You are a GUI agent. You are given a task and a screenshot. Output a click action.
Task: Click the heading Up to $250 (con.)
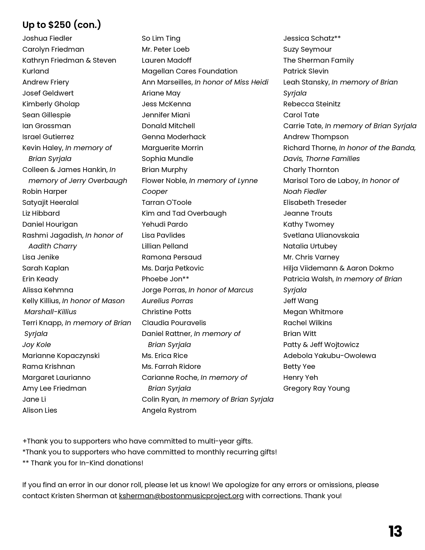coord(62,25)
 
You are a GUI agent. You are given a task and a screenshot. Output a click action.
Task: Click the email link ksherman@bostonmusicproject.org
coord(181,496)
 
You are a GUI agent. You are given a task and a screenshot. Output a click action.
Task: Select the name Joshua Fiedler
coord(47,38)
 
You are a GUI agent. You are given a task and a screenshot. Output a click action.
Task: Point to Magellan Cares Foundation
coord(189,71)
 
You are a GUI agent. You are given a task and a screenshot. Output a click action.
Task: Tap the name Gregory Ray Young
coord(316,388)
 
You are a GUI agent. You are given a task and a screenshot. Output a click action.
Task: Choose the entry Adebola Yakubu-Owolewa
coord(329,356)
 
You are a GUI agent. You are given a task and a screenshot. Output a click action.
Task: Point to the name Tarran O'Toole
coord(166,202)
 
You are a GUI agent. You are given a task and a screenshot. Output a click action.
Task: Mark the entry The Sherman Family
coord(318,60)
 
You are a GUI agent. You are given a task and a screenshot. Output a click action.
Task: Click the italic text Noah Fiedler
coord(305,192)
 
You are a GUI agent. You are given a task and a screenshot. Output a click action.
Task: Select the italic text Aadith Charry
coord(53,246)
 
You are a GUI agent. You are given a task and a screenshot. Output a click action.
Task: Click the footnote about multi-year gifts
coord(137,441)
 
